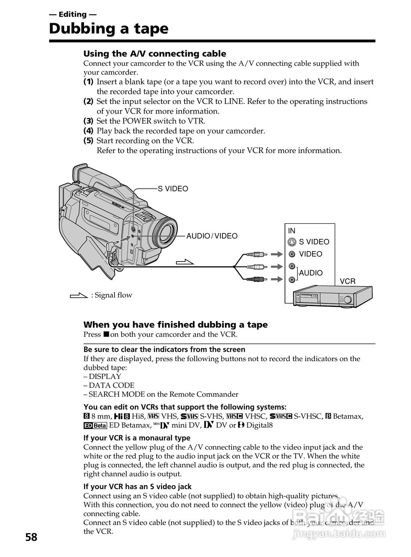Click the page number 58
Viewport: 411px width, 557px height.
31,537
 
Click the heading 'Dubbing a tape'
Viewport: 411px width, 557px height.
108,29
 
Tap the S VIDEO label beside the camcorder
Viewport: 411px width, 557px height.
173,189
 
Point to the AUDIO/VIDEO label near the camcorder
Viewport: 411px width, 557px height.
212,236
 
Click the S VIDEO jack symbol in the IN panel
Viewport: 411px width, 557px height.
292,242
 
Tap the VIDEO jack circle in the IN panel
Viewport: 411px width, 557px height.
292,254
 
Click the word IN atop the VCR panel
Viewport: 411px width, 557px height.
291,231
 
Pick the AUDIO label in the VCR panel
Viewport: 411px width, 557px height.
311,273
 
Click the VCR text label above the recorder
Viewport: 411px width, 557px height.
347,282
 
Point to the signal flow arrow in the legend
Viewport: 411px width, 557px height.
78,295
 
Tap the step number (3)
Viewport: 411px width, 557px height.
88,121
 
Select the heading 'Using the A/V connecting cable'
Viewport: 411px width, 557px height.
155,54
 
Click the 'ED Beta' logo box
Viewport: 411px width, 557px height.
95,425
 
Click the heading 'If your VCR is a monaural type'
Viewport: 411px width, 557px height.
137,438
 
